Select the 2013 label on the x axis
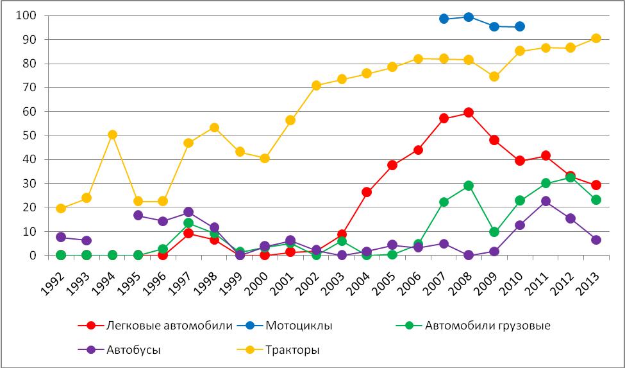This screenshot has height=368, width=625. tap(590, 277)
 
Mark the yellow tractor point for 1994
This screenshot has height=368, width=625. tap(112, 135)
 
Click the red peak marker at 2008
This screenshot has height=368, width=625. tap(469, 112)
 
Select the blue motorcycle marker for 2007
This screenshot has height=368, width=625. tap(444, 19)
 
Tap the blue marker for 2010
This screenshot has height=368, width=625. tap(520, 26)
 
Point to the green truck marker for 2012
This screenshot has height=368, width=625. tap(571, 177)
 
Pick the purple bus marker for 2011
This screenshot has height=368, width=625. tap(546, 201)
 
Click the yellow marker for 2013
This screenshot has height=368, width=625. tap(596, 38)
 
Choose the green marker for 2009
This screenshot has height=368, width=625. tap(494, 232)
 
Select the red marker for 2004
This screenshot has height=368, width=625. tap(367, 192)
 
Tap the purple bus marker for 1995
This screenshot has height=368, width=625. tap(138, 215)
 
